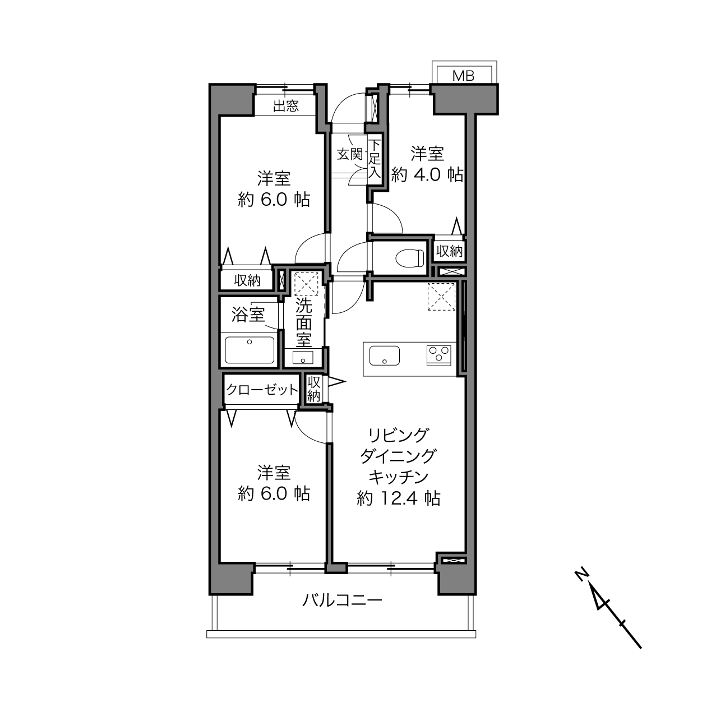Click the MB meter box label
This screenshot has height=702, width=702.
[463, 76]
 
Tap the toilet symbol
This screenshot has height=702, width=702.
[410, 257]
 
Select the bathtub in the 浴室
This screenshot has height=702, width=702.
[250, 350]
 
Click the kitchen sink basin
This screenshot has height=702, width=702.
[384, 355]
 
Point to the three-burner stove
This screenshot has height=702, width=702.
[438, 355]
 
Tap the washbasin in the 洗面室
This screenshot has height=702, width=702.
[303, 358]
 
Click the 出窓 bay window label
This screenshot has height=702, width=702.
[286, 106]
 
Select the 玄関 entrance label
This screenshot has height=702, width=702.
[349, 154]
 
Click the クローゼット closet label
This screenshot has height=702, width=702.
[262, 390]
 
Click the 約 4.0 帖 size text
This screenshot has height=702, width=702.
[427, 175]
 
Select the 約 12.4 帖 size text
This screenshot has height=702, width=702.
[398, 498]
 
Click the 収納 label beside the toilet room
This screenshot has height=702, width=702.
[449, 251]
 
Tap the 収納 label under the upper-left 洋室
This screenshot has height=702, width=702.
[247, 280]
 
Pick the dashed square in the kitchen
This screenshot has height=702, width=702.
[441, 297]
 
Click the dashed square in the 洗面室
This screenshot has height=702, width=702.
[306, 283]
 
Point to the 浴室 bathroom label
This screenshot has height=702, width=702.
[248, 315]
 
